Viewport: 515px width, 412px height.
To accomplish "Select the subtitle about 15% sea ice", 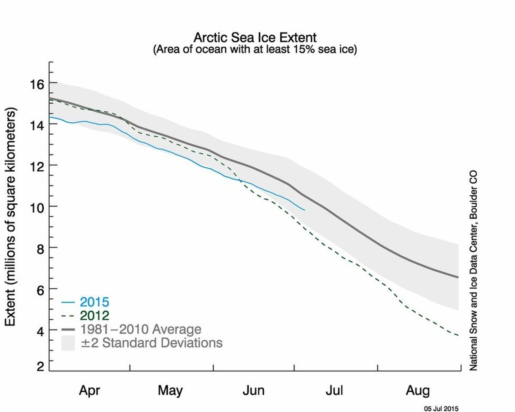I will [255, 49].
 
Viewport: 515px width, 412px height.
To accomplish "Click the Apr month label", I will [89, 391].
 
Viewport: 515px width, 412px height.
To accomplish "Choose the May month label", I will [170, 391].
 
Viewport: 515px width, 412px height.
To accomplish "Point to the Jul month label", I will [334, 391].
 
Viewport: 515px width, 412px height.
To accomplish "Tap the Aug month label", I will [417, 391].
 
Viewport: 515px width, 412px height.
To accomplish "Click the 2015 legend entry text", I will [94, 302].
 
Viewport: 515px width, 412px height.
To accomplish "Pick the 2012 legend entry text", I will [94, 316].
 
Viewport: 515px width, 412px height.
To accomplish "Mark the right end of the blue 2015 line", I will [304, 210].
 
